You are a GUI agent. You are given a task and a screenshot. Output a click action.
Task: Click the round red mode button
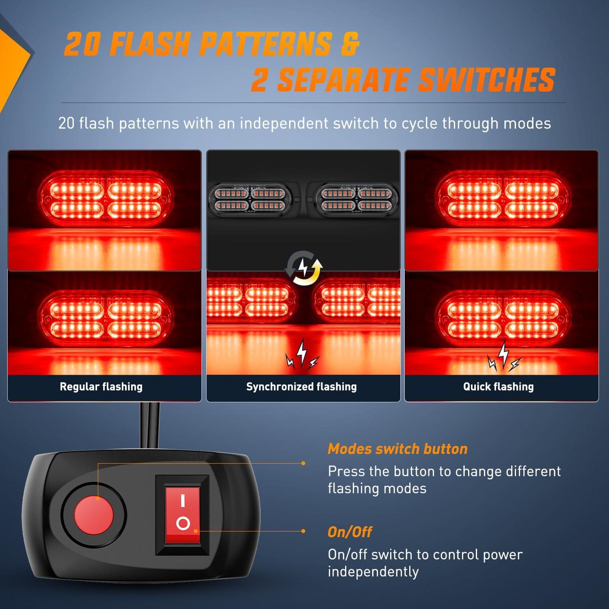pyautogui.click(x=94, y=516)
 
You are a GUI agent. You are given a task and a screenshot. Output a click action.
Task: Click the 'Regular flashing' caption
pyautogui.click(x=101, y=387)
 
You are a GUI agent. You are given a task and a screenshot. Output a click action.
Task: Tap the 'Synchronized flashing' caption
pyautogui.click(x=301, y=387)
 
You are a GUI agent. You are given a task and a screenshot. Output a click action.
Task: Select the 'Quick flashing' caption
pyautogui.click(x=499, y=387)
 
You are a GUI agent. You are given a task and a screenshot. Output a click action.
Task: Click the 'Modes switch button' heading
pyautogui.click(x=397, y=449)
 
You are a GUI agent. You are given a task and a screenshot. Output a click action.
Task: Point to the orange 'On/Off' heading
pyautogui.click(x=350, y=532)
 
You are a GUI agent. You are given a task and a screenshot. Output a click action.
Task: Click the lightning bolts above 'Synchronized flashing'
pyautogui.click(x=302, y=354)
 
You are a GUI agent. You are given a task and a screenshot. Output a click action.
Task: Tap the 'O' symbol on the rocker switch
pyautogui.click(x=183, y=524)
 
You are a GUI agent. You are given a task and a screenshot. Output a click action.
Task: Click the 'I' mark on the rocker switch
pyautogui.click(x=183, y=501)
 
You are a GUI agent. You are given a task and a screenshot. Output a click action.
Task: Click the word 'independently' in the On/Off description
pyautogui.click(x=373, y=572)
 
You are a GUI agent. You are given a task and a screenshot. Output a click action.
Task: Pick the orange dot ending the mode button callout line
pyautogui.click(x=303, y=463)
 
